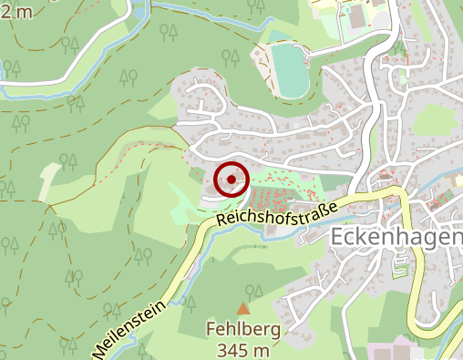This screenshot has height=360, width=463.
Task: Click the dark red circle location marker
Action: pos(231,180)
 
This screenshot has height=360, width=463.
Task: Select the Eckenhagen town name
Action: pos(394,237)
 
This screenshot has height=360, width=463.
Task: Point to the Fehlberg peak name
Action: pos(242,330)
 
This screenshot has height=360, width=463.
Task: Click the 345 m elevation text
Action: pos(242,349)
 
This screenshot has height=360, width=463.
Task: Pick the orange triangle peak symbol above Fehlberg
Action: pos(242,309)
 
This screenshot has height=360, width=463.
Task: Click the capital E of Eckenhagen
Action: pos(334,237)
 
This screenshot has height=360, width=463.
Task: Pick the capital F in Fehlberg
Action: pos(211,330)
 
